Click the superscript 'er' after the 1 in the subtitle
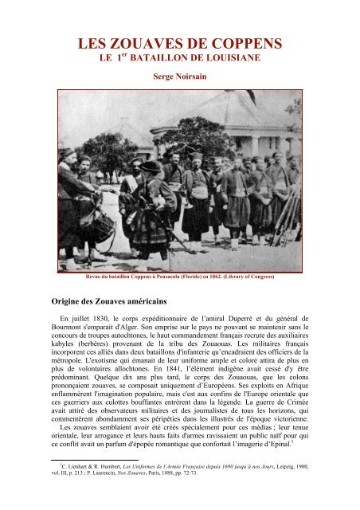coord(119,55)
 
